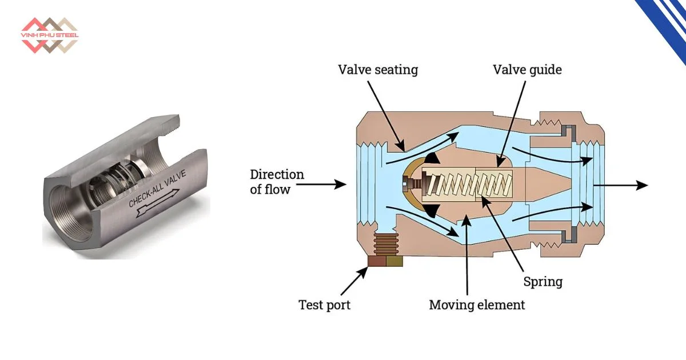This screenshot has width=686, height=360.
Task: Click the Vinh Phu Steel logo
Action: point(50,35)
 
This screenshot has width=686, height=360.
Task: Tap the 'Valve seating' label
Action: point(378,70)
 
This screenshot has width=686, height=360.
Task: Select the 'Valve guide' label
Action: point(527,70)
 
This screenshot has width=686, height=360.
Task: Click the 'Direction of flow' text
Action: point(277,182)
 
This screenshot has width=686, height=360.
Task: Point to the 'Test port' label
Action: point(324,305)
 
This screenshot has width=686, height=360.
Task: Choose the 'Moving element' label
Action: point(477,305)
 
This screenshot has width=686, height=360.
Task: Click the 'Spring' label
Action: point(543,282)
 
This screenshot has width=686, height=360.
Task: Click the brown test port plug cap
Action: point(385,261)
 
